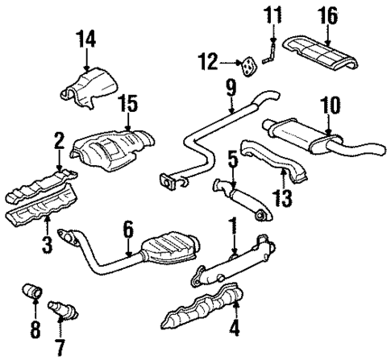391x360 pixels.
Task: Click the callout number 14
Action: [85, 38]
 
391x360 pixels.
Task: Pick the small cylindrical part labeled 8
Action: [35, 291]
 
